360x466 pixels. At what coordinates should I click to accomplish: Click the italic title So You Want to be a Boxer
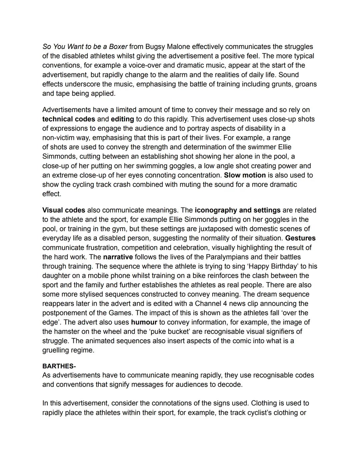pos(85,47)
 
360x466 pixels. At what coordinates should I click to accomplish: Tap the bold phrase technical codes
pos(69,119)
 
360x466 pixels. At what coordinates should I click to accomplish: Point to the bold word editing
pos(122,119)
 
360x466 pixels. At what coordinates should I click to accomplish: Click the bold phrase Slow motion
pos(245,175)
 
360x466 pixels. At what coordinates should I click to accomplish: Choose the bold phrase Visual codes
pos(64,210)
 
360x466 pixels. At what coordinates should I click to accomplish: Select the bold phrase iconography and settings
pos(238,210)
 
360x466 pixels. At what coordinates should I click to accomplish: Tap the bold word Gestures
pos(300,238)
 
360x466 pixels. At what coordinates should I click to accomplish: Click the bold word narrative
pos(118,257)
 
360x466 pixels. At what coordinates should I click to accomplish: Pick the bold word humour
pos(144,322)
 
